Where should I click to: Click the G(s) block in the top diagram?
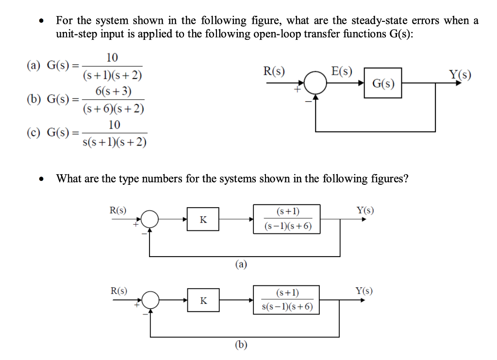pos(383,83)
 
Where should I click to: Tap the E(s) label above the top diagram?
pos(342,71)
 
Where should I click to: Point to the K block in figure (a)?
pos(203,219)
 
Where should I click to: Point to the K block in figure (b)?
pos(203,301)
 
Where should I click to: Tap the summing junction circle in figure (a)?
pos(150,219)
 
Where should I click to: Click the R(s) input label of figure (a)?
pos(118,210)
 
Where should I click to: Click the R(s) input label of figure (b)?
pos(118,291)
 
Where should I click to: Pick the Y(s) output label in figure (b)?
pos(364,291)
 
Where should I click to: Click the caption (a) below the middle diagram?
pos(241,264)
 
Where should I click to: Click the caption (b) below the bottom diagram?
pos(241,345)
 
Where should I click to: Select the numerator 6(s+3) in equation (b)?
pos(113,92)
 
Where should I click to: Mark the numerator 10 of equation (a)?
pos(112,58)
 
